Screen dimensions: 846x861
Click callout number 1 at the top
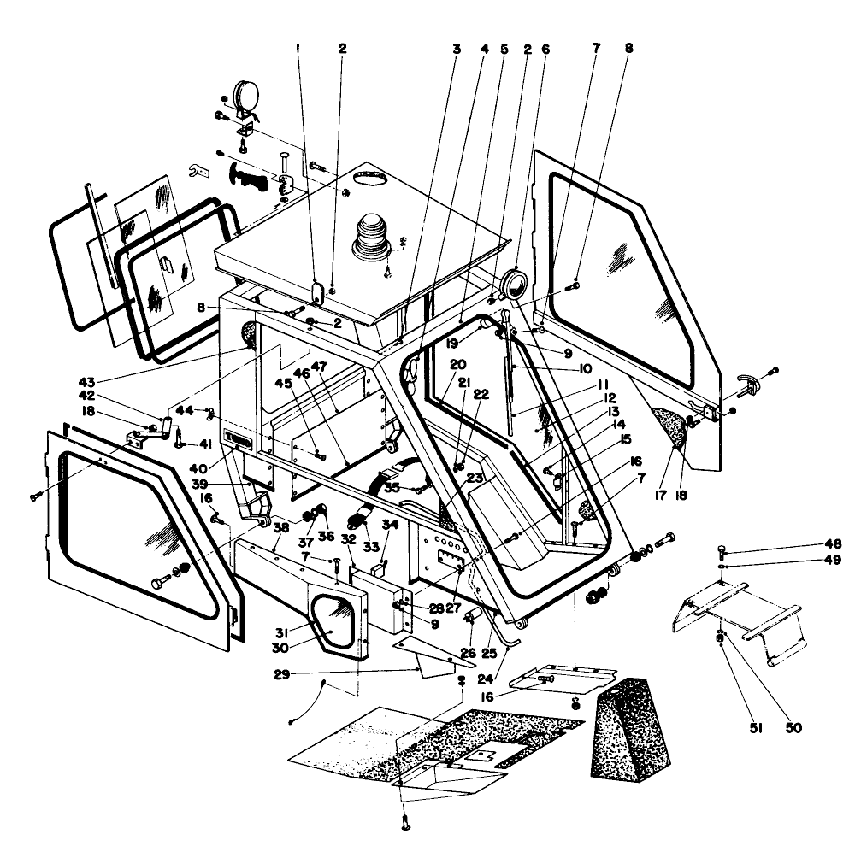tap(298, 49)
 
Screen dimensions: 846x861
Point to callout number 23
tap(475, 478)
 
